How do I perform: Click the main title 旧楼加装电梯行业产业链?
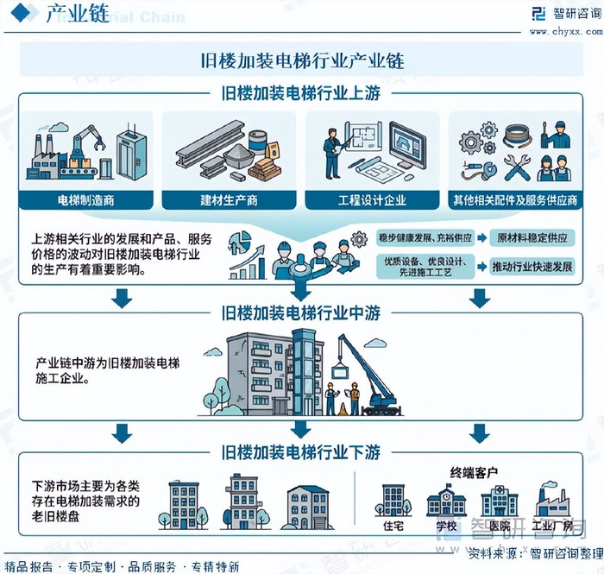click(301, 62)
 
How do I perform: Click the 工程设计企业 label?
click(373, 200)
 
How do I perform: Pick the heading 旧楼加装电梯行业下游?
click(301, 451)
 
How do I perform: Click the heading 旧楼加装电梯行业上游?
click(301, 92)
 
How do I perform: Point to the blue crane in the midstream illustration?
click(367, 371)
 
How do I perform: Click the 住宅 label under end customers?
click(393, 526)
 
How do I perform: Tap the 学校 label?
click(446, 526)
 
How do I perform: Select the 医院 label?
click(499, 526)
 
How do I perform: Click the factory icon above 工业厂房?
click(551, 500)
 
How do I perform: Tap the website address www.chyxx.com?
click(566, 32)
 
